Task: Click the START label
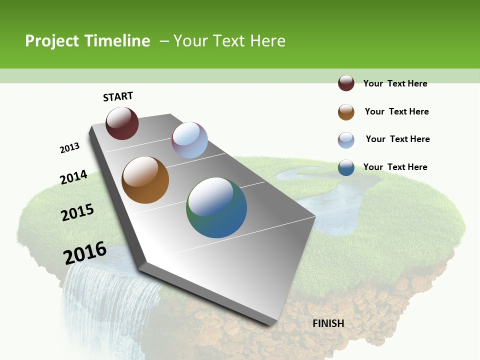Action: coord(118,96)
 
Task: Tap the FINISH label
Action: coord(328,323)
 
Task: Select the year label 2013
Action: coord(70,148)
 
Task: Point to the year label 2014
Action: coord(74,177)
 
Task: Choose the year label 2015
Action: coord(77,212)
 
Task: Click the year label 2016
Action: coord(85,253)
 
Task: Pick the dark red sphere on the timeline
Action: coord(122,123)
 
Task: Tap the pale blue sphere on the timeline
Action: coord(189,140)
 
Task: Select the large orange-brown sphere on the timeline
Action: coord(145,180)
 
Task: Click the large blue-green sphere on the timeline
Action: coord(216,207)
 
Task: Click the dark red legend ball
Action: coord(346,83)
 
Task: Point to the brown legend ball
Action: coord(346,112)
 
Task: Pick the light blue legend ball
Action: coord(346,140)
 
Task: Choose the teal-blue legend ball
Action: coord(346,167)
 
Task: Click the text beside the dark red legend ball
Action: coord(395,83)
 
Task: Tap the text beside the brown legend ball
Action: coord(396,111)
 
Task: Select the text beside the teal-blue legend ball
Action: coord(395,167)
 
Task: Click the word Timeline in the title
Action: coord(117,41)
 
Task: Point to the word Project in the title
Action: coord(52,41)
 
